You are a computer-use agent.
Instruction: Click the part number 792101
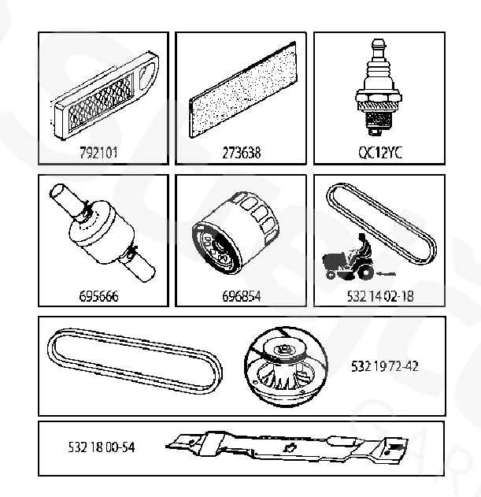[98, 153]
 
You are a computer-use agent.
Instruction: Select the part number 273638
[242, 153]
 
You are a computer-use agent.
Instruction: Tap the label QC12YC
[380, 153]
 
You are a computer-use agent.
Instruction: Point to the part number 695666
[98, 296]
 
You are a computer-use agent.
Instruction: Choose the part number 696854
[242, 296]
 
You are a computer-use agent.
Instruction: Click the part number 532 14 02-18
[380, 296]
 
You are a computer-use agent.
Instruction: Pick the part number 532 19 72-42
[385, 366]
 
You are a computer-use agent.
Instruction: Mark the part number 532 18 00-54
[102, 447]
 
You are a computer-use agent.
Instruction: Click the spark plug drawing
[379, 87]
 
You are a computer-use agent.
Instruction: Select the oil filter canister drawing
[235, 233]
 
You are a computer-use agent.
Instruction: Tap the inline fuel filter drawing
[102, 232]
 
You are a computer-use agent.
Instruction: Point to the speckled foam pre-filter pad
[243, 90]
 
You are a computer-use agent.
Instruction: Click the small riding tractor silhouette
[348, 258]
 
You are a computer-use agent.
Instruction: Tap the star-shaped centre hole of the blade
[289, 447]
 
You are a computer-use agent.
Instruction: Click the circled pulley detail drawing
[286, 367]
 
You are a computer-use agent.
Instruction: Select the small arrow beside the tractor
[386, 273]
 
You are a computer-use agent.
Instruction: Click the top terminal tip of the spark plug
[379, 42]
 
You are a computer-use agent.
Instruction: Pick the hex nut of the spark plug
[379, 96]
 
